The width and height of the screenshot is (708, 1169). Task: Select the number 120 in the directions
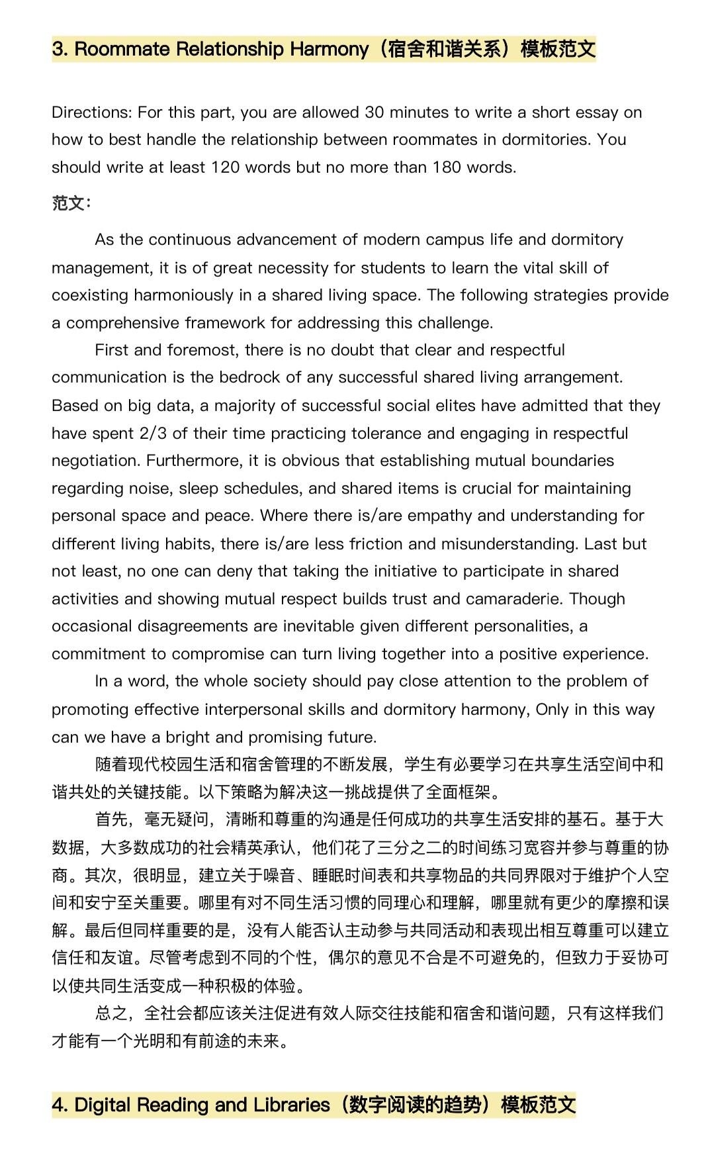[x=225, y=167]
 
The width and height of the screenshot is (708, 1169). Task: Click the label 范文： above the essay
[x=71, y=203]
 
